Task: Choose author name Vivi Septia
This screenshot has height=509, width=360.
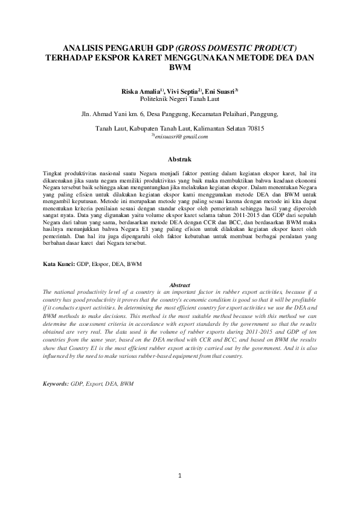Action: click(x=183, y=90)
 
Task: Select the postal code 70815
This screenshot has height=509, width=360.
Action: click(x=253, y=129)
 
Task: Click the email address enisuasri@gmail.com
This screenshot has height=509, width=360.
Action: click(x=181, y=137)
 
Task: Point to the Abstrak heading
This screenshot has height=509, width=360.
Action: click(x=179, y=160)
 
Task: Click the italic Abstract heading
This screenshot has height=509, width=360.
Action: click(x=179, y=285)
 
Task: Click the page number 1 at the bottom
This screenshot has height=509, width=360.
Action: click(x=180, y=476)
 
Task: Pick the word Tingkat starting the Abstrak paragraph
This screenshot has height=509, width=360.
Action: click(x=54, y=172)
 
